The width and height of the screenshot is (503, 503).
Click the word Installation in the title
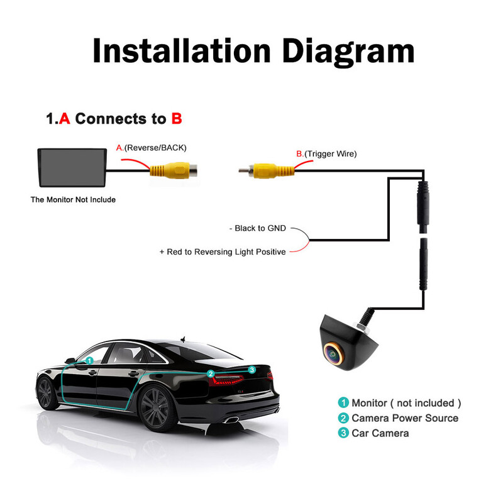[x=179, y=50]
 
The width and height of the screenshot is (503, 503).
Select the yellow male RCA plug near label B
[x=267, y=170]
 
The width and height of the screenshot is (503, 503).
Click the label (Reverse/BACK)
[x=155, y=148]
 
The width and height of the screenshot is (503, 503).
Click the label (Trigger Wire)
[x=331, y=153]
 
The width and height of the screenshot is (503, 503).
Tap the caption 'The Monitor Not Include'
[x=73, y=200]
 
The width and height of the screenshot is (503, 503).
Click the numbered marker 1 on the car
[x=89, y=361]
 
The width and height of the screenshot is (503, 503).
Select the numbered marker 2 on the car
[x=211, y=373]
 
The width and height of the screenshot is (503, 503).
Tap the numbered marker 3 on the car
[x=251, y=370]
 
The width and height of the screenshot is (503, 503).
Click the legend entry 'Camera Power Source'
[x=405, y=418]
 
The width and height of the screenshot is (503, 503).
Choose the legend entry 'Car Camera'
[x=380, y=433]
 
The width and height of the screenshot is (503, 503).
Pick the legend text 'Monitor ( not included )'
[x=406, y=403]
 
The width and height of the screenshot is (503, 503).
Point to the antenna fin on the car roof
[x=183, y=338]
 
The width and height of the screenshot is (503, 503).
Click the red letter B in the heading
[x=177, y=118]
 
